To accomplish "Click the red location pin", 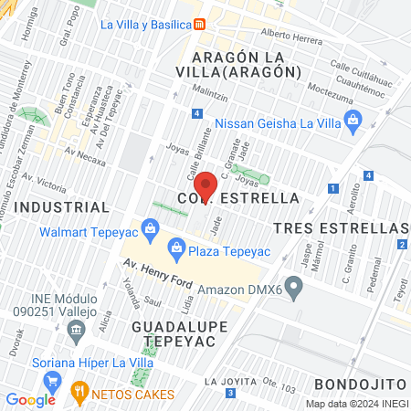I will pos(206,185).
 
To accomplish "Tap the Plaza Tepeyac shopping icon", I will pos(175,247).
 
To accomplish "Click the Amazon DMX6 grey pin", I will pos(293,289).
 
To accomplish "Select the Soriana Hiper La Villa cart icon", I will pos(54,380).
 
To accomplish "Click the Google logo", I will pos(30,399).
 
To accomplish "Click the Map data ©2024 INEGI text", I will pos(356,404).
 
